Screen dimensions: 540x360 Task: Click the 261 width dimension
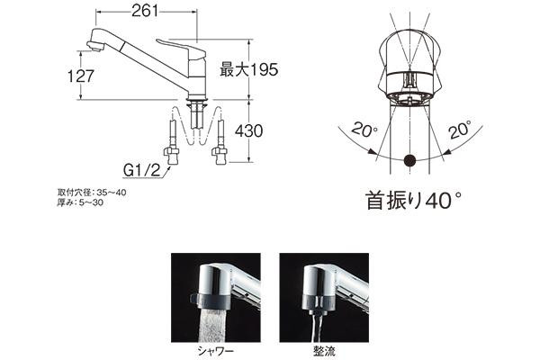pos(145,12)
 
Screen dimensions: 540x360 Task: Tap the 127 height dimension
pos(81,76)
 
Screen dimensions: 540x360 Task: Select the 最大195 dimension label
pos(248,70)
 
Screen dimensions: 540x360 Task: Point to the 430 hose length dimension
pos(248,130)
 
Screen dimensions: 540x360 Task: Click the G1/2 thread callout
pos(142,170)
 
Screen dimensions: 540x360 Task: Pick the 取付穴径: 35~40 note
pos(92,193)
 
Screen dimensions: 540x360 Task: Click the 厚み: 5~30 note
pos(80,202)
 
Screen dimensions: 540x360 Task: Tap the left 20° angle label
pos(364,130)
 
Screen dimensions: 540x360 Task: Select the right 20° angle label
pos(460,130)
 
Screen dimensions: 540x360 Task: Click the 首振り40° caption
pos(413,201)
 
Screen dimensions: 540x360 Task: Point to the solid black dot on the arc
pos(409,160)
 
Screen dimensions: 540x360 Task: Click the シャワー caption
pos(216,351)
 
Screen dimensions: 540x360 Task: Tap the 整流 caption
pos(324,351)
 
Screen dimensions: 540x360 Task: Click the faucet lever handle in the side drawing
pos(180,47)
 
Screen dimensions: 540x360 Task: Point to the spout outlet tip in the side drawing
pos(94,47)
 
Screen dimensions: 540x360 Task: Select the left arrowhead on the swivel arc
pos(371,151)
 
